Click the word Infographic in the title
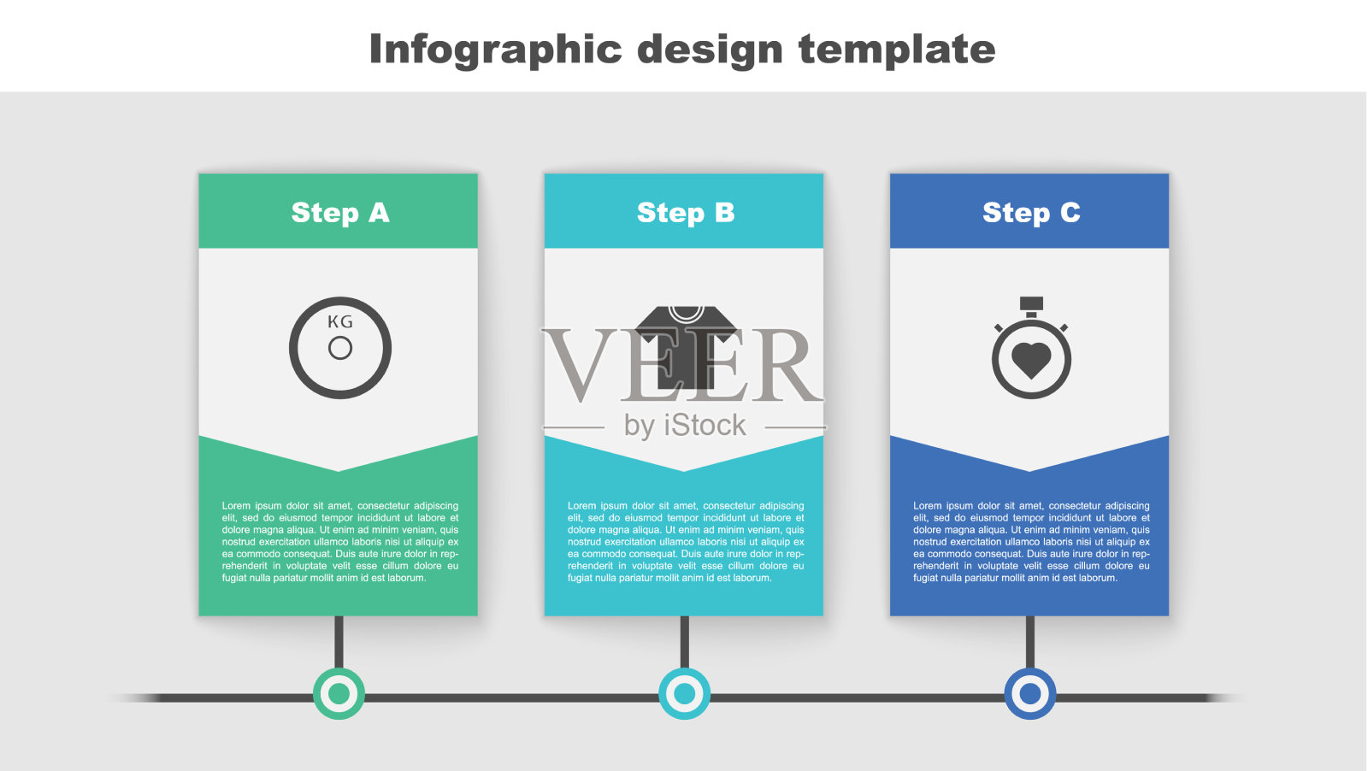tap(495, 50)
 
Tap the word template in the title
tap(897, 50)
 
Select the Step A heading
tap(340, 213)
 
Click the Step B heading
tap(686, 213)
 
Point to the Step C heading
tap(1031, 213)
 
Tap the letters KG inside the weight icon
tap(340, 321)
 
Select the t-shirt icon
tap(687, 347)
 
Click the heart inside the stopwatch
tap(1031, 360)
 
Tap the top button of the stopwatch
tap(1031, 304)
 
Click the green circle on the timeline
tap(339, 693)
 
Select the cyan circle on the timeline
tap(685, 693)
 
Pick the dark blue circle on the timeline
tap(1030, 693)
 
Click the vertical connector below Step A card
tap(339, 642)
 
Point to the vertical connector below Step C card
tap(1030, 642)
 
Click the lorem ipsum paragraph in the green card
tap(340, 542)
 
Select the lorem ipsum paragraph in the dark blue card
tap(1031, 542)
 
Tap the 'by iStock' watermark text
tap(685, 426)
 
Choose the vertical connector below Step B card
tap(685, 642)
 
